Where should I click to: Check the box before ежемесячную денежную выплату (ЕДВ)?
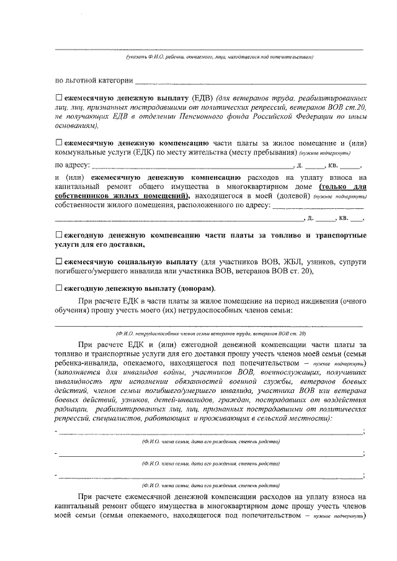(59, 98)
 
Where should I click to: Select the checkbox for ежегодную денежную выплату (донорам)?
(59, 288)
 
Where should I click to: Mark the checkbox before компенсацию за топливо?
(59, 236)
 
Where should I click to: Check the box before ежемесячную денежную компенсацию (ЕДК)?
(59, 142)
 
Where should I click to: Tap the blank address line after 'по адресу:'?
(192, 166)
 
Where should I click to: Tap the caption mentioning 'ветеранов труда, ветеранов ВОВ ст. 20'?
(210, 333)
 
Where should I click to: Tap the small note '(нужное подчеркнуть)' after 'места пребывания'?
(325, 152)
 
